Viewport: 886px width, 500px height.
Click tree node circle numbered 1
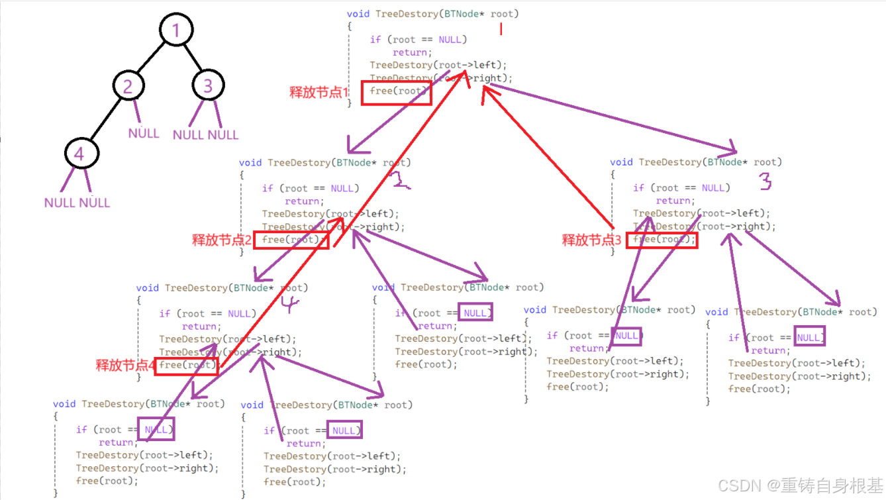pos(175,30)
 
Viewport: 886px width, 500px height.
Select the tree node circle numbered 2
pos(128,85)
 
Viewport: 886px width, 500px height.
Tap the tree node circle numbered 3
pos(208,85)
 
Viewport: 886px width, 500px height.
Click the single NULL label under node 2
pos(144,133)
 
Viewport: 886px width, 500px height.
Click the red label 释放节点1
pos(319,93)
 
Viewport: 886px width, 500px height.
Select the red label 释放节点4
pos(125,365)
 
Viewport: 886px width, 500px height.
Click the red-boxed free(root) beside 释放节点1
pos(396,92)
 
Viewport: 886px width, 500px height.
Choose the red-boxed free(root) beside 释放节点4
pos(186,365)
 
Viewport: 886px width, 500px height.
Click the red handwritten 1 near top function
pos(501,29)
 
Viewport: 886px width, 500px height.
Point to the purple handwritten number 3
pos(765,181)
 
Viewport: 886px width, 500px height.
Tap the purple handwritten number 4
pos(289,305)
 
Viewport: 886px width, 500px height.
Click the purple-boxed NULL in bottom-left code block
pos(156,429)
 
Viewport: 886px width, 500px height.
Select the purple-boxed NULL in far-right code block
pos(809,337)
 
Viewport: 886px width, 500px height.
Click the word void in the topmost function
pos(358,14)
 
